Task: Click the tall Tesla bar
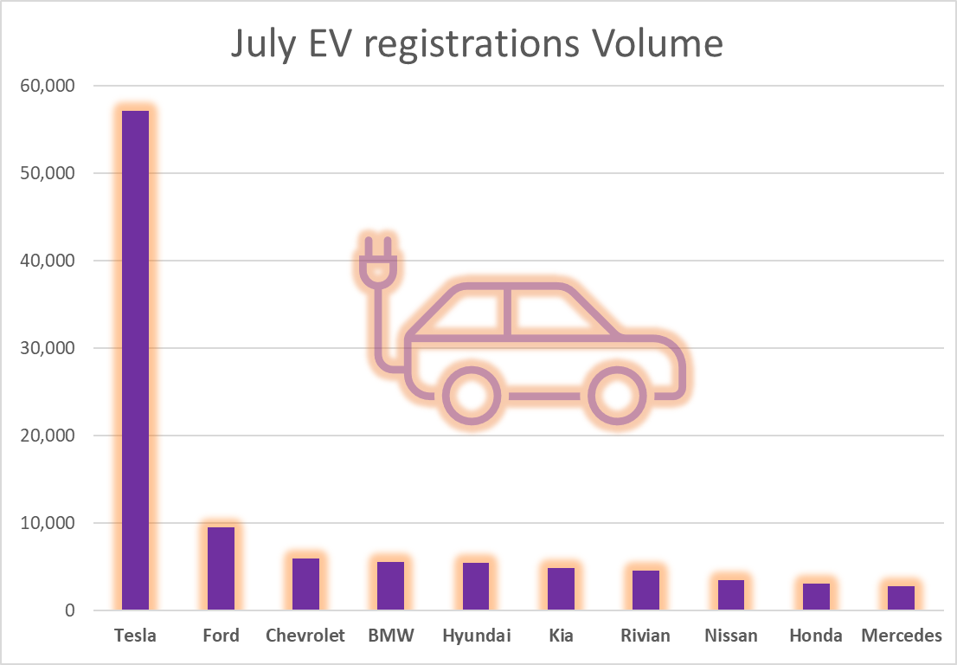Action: [x=135, y=359]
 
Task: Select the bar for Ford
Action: [x=221, y=568]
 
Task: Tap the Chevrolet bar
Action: [x=305, y=584]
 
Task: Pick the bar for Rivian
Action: [x=645, y=590]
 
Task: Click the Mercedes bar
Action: [x=901, y=597]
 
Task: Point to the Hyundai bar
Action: [x=476, y=586]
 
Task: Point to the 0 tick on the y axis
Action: [x=70, y=610]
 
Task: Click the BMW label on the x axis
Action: [x=390, y=636]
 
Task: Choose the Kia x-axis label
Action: [x=561, y=636]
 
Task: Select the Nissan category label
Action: [x=730, y=636]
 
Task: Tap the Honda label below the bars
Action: [x=815, y=636]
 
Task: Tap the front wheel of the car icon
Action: [x=618, y=396]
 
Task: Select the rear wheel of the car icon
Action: [x=472, y=396]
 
